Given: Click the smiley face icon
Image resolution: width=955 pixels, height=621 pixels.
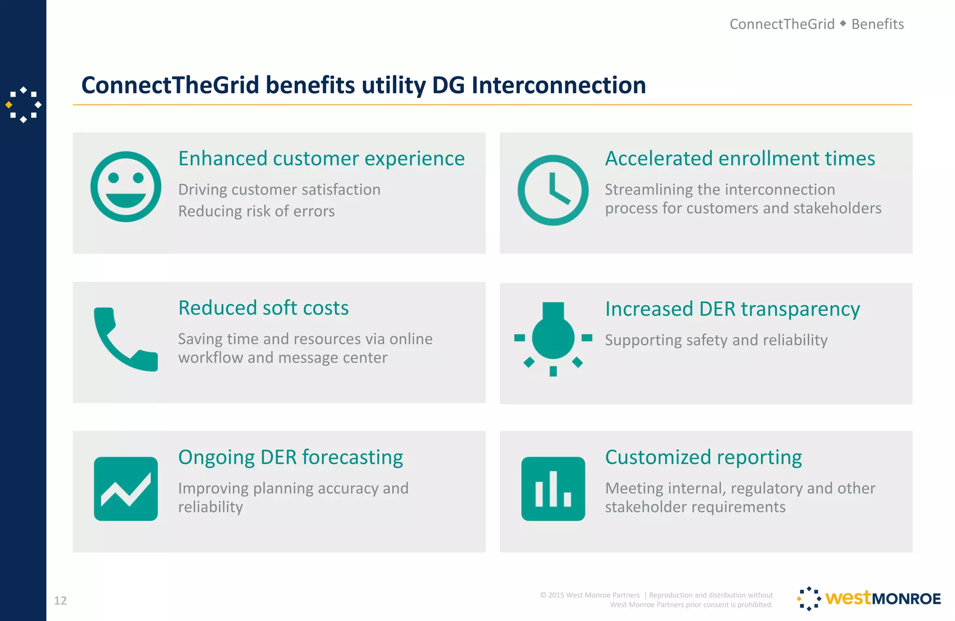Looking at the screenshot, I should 125,187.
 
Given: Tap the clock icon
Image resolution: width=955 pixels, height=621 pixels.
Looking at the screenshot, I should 553,190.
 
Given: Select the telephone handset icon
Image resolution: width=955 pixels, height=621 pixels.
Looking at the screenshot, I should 125,339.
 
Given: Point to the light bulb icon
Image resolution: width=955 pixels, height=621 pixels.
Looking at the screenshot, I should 553,338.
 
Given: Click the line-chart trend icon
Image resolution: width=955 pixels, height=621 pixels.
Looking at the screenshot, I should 125,488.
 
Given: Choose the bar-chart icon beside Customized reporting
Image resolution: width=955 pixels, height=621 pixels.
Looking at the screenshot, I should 553,488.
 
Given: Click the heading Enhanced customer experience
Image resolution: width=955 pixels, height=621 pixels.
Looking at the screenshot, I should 321,159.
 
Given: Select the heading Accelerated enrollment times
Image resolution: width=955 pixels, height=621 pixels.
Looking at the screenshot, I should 740,159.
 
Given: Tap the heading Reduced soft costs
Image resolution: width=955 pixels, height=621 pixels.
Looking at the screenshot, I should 263,308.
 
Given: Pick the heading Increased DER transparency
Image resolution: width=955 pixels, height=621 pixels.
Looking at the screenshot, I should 732,309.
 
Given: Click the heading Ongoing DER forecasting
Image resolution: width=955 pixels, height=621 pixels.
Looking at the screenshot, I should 291,457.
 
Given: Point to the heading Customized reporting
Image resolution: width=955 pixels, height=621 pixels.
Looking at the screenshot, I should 703,457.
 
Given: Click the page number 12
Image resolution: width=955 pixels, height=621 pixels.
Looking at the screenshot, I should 60,600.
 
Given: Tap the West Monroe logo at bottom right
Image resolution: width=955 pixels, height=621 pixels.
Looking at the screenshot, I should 869,599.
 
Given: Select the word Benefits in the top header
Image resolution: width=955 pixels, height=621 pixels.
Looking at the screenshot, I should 877,24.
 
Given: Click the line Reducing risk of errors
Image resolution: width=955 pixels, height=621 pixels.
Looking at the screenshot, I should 256,211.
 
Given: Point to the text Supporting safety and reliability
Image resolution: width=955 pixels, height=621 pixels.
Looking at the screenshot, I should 716,340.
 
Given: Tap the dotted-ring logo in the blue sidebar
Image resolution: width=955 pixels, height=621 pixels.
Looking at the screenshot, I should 23,105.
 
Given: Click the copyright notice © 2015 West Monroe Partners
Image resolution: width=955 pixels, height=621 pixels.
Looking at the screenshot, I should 589,595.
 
